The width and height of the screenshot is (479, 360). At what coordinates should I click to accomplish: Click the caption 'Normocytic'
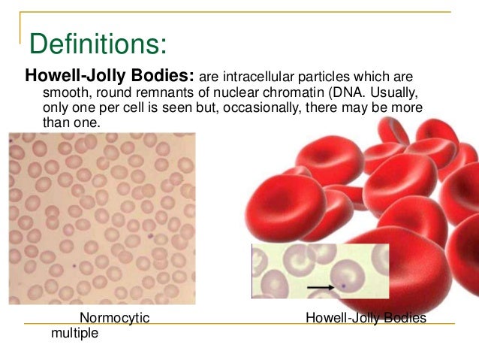(114, 318)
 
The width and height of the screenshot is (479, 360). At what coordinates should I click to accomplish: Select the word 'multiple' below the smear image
(74, 333)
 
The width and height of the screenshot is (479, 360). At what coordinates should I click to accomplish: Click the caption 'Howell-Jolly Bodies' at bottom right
(366, 318)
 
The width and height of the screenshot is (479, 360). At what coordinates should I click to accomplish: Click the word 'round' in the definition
(110, 92)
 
